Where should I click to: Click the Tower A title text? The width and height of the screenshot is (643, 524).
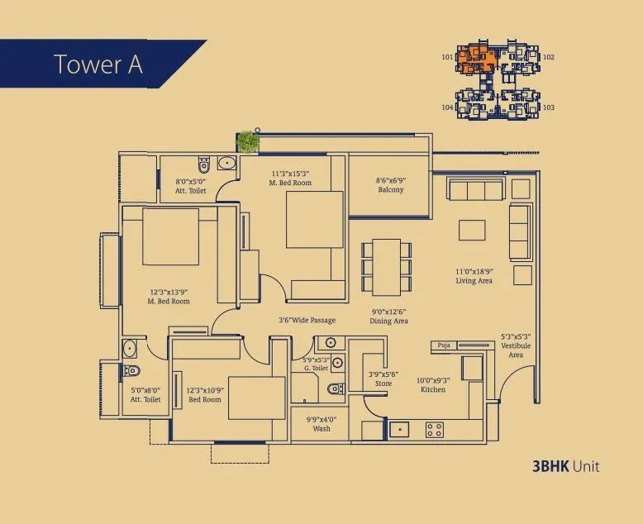[x=98, y=64]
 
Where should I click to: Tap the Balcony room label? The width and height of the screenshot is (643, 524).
[x=391, y=190]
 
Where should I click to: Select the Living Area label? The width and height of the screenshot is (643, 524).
[x=474, y=281]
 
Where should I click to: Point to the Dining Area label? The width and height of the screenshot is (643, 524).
[x=389, y=321]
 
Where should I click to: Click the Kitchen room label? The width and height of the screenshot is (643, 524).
[x=432, y=389]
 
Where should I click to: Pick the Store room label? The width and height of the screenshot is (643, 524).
[x=383, y=384]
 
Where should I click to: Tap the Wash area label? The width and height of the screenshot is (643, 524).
[x=321, y=429]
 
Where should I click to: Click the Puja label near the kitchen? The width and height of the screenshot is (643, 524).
[x=444, y=344]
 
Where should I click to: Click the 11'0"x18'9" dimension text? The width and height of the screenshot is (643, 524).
[x=474, y=271]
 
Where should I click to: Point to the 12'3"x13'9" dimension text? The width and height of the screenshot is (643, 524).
[x=169, y=292]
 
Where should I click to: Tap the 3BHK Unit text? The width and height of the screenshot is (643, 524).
[x=566, y=467]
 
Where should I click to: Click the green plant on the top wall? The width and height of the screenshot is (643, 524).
[x=248, y=141]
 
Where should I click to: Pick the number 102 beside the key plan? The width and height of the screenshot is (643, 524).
[x=548, y=58]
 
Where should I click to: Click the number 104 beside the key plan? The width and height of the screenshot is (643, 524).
[x=447, y=107]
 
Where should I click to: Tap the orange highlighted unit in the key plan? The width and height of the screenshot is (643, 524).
[x=476, y=59]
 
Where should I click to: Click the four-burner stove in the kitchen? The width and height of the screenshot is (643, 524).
[x=435, y=429]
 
